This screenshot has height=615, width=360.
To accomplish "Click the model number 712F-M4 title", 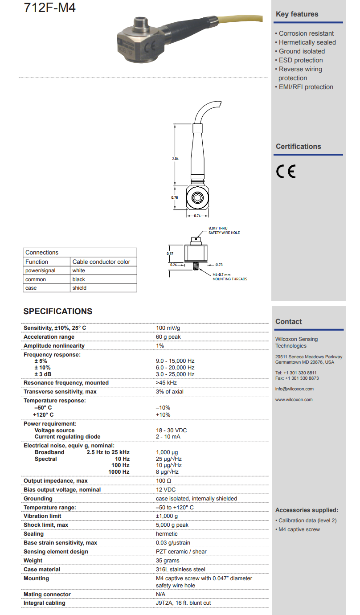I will pos(50,8).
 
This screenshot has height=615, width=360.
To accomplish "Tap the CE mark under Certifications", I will pos(286,172).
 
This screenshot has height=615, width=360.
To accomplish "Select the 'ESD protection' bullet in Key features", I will pos(301,60).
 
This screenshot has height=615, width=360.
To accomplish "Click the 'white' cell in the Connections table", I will pos(79,271).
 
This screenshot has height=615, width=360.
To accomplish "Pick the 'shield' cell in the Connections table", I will pos(80,288).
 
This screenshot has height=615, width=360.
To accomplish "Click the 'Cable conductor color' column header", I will pos(101,262).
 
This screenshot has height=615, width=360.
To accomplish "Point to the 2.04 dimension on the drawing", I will pos(175,159).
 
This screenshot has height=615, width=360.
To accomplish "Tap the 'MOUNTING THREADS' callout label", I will pos(230,279).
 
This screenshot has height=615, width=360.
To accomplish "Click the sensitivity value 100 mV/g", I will pos(168,328).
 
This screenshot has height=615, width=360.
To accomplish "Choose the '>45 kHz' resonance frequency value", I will pos(167,383).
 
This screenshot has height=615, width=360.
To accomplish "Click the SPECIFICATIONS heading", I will pos(58,312).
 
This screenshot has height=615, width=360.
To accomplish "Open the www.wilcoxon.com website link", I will pos(294,400).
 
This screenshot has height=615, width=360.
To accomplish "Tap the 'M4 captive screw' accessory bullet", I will pos(299,529).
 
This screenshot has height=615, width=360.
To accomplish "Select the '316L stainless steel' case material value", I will pos(181,570).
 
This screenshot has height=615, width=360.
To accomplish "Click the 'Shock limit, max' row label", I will pos(46,525).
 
